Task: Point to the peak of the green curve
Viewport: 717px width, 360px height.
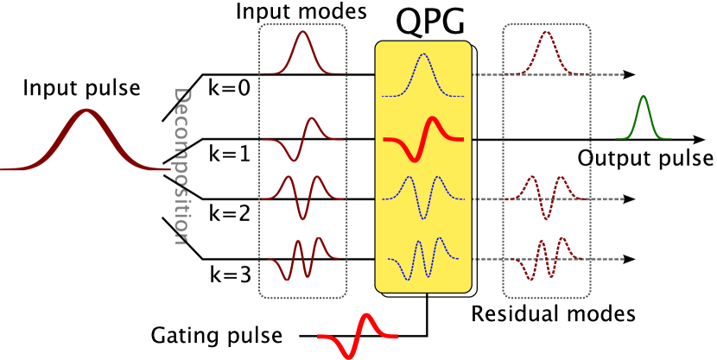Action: pyautogui.click(x=643, y=97)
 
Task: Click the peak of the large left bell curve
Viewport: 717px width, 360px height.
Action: pyautogui.click(x=86, y=111)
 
